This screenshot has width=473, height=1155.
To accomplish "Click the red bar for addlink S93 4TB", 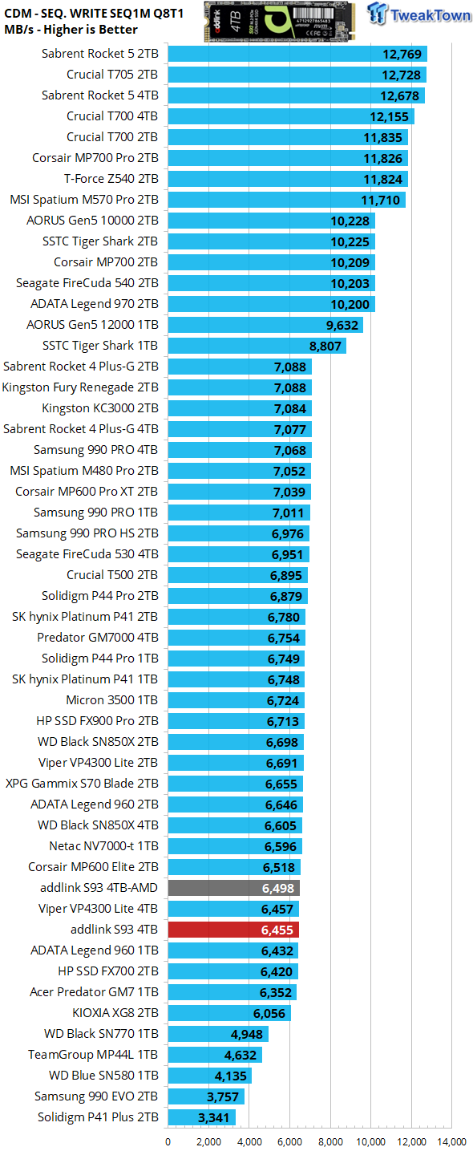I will point(232,930).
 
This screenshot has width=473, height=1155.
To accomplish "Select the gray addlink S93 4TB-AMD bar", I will point(233,888).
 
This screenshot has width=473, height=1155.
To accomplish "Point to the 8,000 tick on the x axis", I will point(330,1142).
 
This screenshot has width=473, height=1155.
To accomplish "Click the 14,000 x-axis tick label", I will point(451,1142).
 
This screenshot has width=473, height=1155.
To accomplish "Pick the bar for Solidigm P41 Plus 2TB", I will point(201,1117).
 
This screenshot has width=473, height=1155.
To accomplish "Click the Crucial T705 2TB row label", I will point(112,75).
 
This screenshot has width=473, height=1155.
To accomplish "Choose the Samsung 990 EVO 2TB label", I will point(96,1096).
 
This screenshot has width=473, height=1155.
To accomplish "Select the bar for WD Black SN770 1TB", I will point(217,1034).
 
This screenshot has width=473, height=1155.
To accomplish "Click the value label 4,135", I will point(228,1076).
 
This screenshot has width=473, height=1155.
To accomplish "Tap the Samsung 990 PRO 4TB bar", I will point(239,450).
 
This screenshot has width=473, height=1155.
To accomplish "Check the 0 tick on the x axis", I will point(168,1142).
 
